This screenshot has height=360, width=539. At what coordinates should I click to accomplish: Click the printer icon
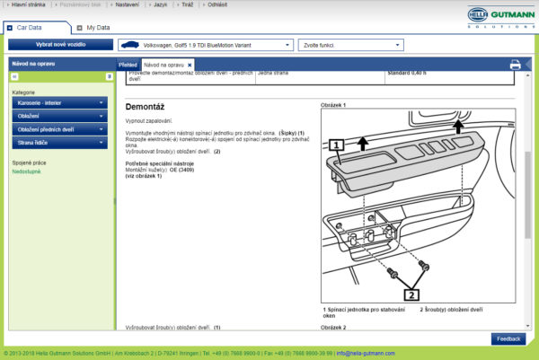515,65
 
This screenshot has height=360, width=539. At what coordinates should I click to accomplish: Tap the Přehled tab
128,66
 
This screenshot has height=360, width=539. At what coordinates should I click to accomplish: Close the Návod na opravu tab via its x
190,66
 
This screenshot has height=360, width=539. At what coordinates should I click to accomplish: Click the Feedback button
508,338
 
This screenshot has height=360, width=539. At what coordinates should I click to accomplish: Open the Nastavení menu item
128,4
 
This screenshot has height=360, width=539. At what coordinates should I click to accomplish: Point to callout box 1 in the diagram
336,144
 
